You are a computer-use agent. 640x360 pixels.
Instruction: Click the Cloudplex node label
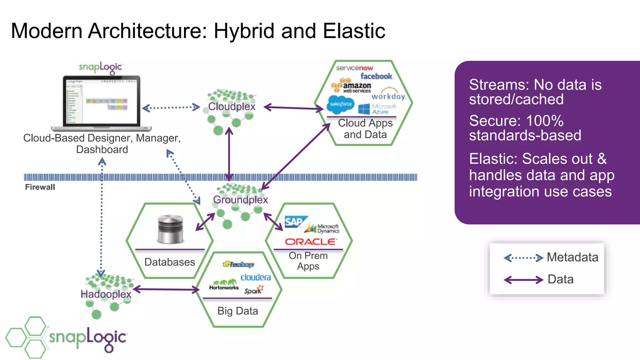coord(232,107)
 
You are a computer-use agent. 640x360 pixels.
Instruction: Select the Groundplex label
coord(240,200)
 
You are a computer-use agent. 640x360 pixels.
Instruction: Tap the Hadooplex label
coord(106,294)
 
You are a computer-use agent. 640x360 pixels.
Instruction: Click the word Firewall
coord(40,187)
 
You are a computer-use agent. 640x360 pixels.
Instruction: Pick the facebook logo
coord(376,76)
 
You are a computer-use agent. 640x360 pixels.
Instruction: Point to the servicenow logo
coord(354,68)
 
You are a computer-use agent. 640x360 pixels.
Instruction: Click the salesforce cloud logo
coord(340,104)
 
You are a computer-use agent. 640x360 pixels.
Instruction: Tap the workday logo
coord(388,96)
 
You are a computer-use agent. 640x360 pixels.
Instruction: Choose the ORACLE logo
coord(311,242)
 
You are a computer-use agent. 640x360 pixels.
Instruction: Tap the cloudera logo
coord(256,277)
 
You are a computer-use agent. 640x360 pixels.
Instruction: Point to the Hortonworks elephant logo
coord(224,285)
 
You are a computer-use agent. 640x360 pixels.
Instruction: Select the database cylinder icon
coord(170,229)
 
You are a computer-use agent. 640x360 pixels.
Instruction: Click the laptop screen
coord(102,101)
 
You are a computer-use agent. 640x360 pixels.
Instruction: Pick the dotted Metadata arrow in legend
coord(523,258)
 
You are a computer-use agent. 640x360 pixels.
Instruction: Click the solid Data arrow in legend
coord(523,280)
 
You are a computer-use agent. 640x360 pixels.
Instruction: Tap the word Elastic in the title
coord(354,31)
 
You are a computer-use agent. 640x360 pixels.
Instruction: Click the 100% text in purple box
coord(545,121)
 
